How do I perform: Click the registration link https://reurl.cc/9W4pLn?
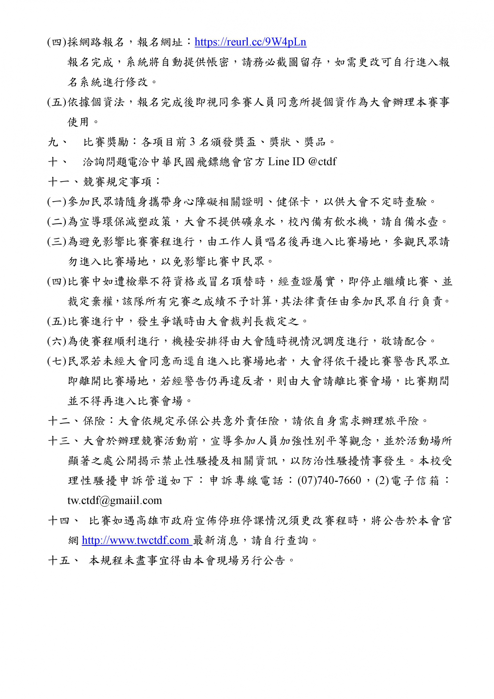coord(250,42)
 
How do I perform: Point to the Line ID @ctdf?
coord(322,162)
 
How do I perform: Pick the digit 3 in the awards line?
coord(192,142)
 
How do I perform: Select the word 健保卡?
coord(293,202)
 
